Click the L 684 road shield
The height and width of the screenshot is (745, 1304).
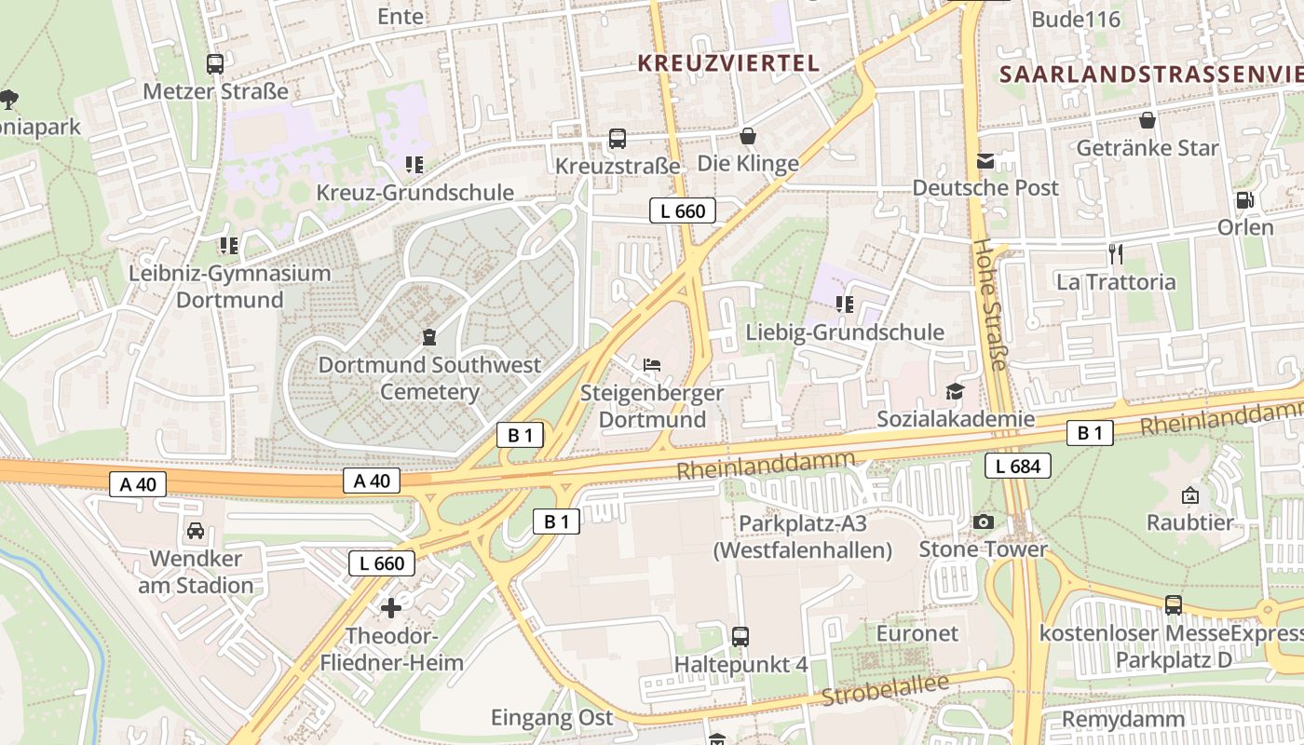(x=1018, y=466)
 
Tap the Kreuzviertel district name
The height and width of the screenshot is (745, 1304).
(x=727, y=63)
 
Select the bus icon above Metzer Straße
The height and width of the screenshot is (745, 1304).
(x=215, y=64)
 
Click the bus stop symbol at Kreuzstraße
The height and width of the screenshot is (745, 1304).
(x=617, y=139)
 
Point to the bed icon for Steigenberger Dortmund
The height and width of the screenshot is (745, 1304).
(x=652, y=364)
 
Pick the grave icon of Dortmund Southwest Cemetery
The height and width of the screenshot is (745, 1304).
(x=428, y=336)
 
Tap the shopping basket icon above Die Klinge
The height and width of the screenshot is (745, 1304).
(x=747, y=137)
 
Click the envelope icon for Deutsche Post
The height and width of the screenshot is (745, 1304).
(x=985, y=161)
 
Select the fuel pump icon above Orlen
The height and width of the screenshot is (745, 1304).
(x=1243, y=200)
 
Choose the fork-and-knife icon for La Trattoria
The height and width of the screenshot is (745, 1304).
(x=1115, y=253)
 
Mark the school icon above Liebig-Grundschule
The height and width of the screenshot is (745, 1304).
(x=845, y=305)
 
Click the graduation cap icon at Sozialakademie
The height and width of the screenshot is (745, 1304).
(x=955, y=391)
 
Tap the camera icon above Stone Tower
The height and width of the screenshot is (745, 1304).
(x=983, y=521)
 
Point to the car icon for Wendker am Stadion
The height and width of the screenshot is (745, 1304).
(x=196, y=531)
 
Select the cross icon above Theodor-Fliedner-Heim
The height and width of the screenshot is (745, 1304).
(x=391, y=608)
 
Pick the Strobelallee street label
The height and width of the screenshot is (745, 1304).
(x=884, y=690)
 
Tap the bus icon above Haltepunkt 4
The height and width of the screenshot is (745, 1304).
(x=740, y=637)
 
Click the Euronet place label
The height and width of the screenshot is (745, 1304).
(x=917, y=633)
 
